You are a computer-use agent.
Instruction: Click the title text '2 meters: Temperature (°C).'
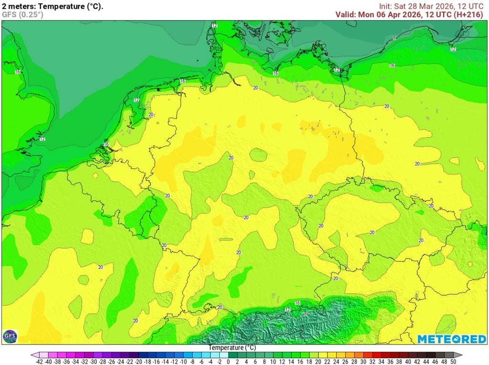coord(53,7)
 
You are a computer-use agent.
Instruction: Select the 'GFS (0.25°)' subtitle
coord(22,15)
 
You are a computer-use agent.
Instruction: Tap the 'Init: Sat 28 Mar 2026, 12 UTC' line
coord(431,6)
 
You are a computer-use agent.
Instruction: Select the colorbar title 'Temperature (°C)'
coord(232,348)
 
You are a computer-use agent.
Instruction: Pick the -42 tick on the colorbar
coord(40,362)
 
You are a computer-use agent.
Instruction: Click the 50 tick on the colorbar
coord(453,362)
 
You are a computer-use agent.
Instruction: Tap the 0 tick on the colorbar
coord(228,362)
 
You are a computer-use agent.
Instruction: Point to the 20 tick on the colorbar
coord(318,362)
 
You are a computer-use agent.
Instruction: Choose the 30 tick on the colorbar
coord(363,362)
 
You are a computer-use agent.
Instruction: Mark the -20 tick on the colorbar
coord(138,362)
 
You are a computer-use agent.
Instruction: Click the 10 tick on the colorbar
coord(273,362)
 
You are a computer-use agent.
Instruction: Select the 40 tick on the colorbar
coord(408,362)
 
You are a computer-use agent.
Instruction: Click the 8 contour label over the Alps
coord(306,313)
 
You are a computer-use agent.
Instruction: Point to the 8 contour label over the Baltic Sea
coord(394,37)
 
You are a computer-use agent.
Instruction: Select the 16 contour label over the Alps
coord(297,303)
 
